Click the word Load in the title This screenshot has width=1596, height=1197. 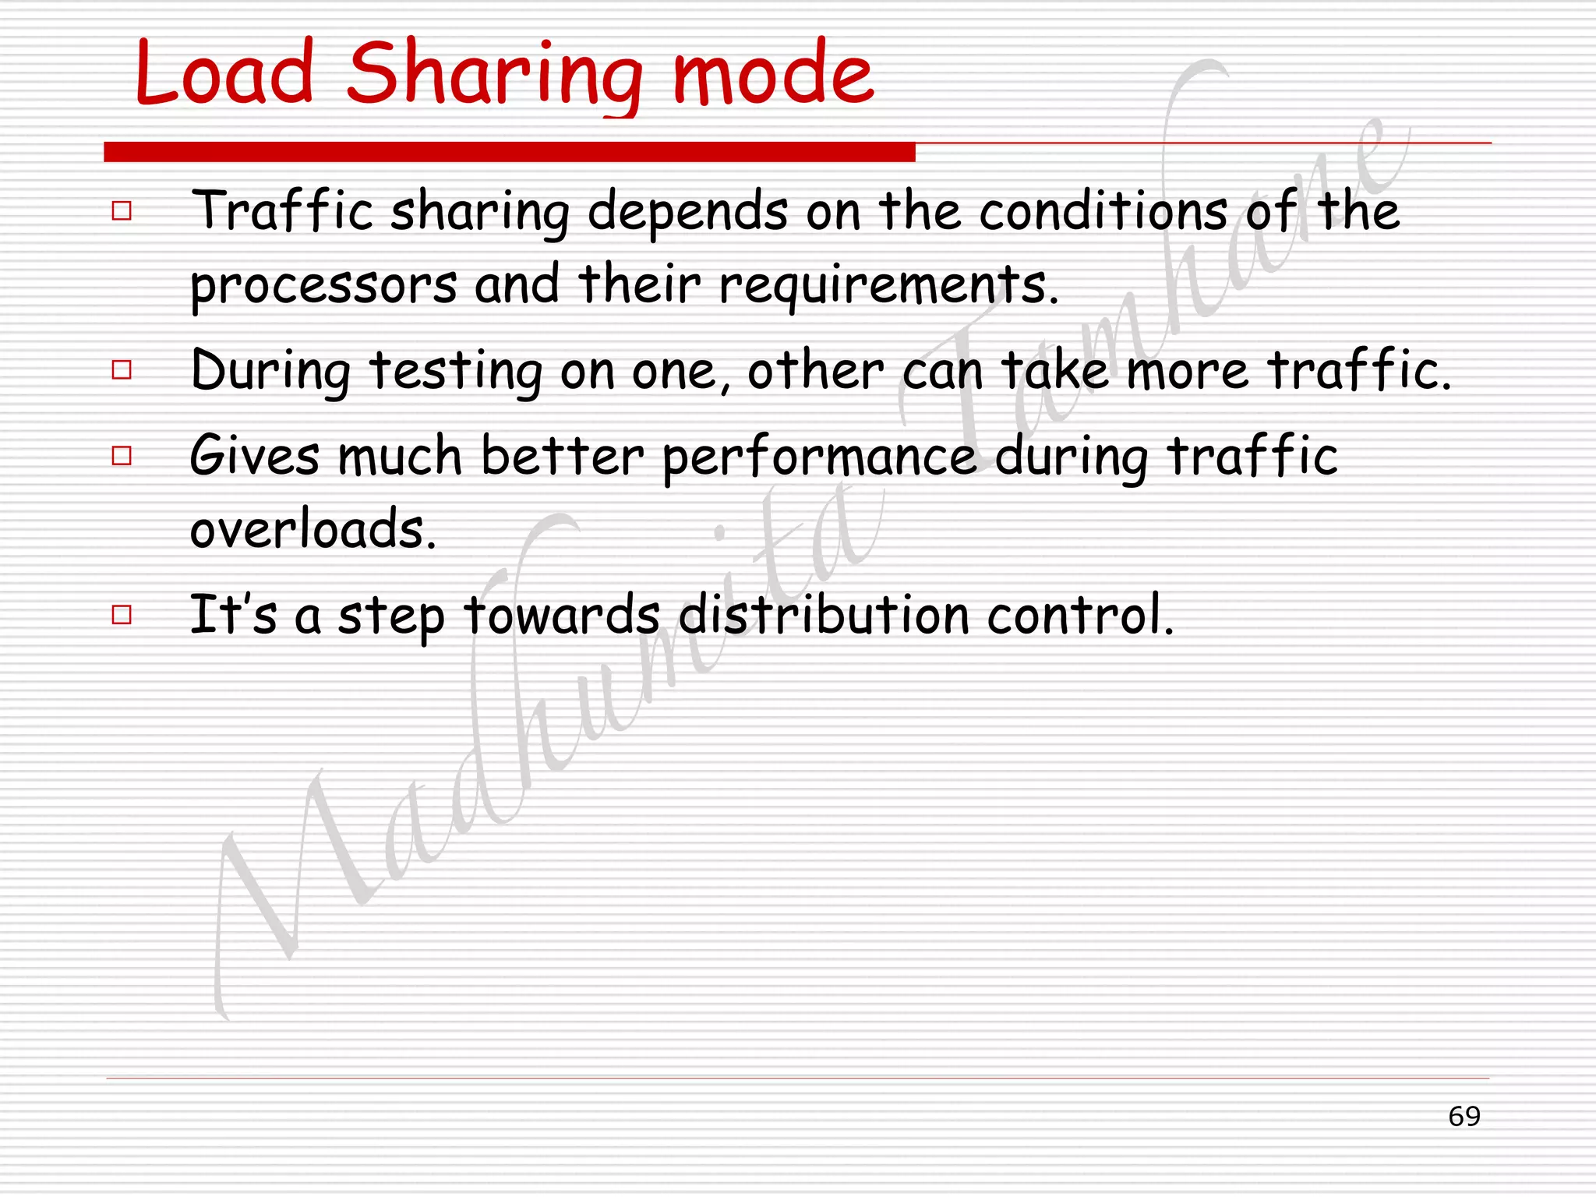pos(224,74)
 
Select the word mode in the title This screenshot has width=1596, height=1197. pos(773,76)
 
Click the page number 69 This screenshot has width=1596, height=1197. pos(1464,1116)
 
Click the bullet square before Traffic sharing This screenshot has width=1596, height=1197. pos(122,210)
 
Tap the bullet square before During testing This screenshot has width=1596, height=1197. pos(122,369)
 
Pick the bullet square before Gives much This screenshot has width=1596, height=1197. pos(122,455)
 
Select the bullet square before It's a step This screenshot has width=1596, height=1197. pos(122,615)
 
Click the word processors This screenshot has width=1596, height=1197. pos(323,285)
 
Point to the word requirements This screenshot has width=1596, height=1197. pos(888,285)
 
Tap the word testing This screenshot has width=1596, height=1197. pos(456,371)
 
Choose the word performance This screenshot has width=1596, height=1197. pos(819,457)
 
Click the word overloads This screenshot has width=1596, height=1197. pos(312,529)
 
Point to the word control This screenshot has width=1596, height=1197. pos(1080,615)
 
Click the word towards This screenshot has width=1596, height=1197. pos(562,615)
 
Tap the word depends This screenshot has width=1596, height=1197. pos(687,212)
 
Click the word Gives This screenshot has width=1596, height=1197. pos(255,455)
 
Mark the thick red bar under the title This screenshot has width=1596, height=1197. pos(510,152)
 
